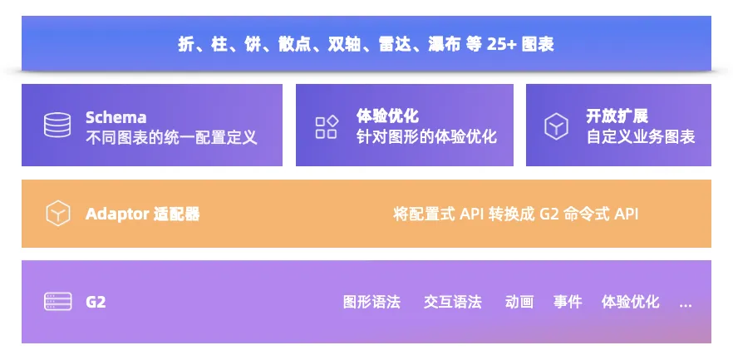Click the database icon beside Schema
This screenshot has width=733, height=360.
point(57,126)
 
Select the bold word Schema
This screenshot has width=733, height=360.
point(116,117)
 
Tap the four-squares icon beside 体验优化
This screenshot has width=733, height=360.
point(327,127)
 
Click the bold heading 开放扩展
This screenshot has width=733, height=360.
point(617,116)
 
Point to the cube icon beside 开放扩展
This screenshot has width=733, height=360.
point(556,126)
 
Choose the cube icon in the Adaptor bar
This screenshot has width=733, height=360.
point(58,213)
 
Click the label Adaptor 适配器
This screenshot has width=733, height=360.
point(143,215)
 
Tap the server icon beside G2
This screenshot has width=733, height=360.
point(58,301)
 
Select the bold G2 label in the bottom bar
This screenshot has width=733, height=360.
point(96,302)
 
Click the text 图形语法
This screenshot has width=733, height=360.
point(371,302)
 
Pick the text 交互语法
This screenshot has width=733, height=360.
point(452,302)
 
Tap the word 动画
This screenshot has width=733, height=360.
point(519,302)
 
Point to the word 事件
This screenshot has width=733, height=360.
point(568,302)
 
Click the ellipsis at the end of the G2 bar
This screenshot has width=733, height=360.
point(686,306)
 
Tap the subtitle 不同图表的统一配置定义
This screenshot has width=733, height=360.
point(171,137)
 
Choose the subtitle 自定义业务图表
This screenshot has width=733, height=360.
point(641,136)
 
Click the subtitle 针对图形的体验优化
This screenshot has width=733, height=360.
point(426,136)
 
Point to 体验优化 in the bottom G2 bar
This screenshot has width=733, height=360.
point(630,302)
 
